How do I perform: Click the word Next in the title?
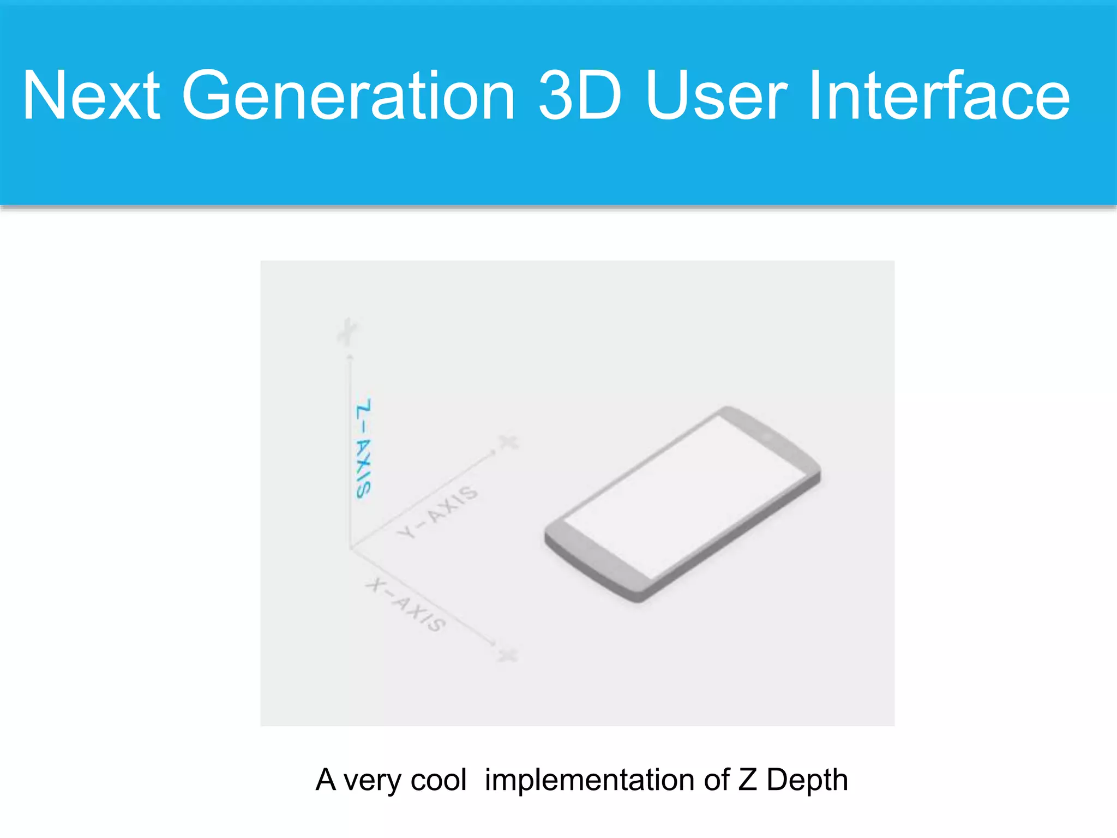(91, 95)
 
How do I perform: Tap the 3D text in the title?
(579, 95)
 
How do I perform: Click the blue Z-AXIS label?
(363, 448)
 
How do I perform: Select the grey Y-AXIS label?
(437, 512)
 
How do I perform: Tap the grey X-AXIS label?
(406, 604)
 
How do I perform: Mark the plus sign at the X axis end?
(508, 654)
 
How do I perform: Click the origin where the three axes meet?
(350, 547)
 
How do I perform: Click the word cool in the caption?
(439, 780)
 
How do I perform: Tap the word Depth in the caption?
(807, 780)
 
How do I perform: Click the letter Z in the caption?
(747, 780)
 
